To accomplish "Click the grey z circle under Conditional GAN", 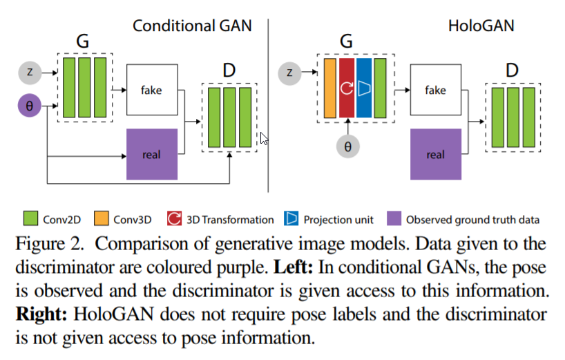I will (30, 72).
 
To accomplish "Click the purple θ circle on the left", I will (30, 106).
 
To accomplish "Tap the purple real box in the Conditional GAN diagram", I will (152, 154).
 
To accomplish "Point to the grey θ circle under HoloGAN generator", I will (347, 146).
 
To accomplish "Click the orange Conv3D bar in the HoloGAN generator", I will (329, 88).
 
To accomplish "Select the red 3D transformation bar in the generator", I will (346, 88).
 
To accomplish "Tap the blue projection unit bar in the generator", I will (363, 88).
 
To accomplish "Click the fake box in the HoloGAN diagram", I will (436, 91).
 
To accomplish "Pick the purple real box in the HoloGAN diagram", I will (436, 154).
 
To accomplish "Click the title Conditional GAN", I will (192, 26).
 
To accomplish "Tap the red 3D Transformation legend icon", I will (174, 220).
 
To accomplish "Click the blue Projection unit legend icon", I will (291, 220).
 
